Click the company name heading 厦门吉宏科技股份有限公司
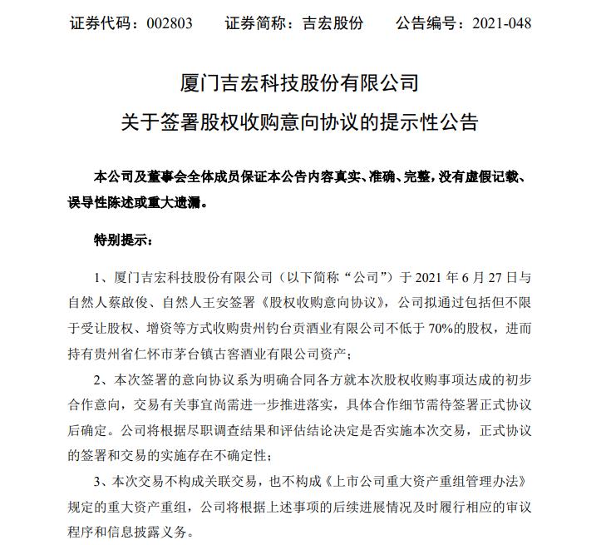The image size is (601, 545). click(x=300, y=84)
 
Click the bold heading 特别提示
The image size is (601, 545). click(x=123, y=241)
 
